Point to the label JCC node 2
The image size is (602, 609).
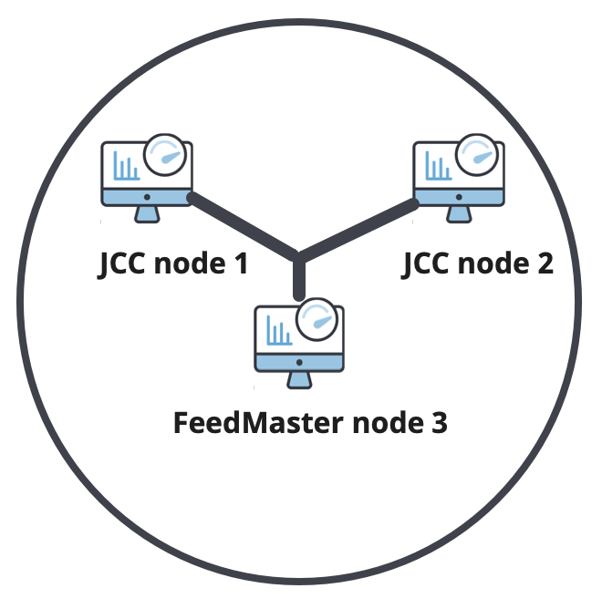(x=478, y=264)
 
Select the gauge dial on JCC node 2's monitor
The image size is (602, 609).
(x=478, y=153)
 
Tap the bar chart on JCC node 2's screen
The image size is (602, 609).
(x=437, y=168)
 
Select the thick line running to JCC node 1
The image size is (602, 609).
(x=243, y=226)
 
